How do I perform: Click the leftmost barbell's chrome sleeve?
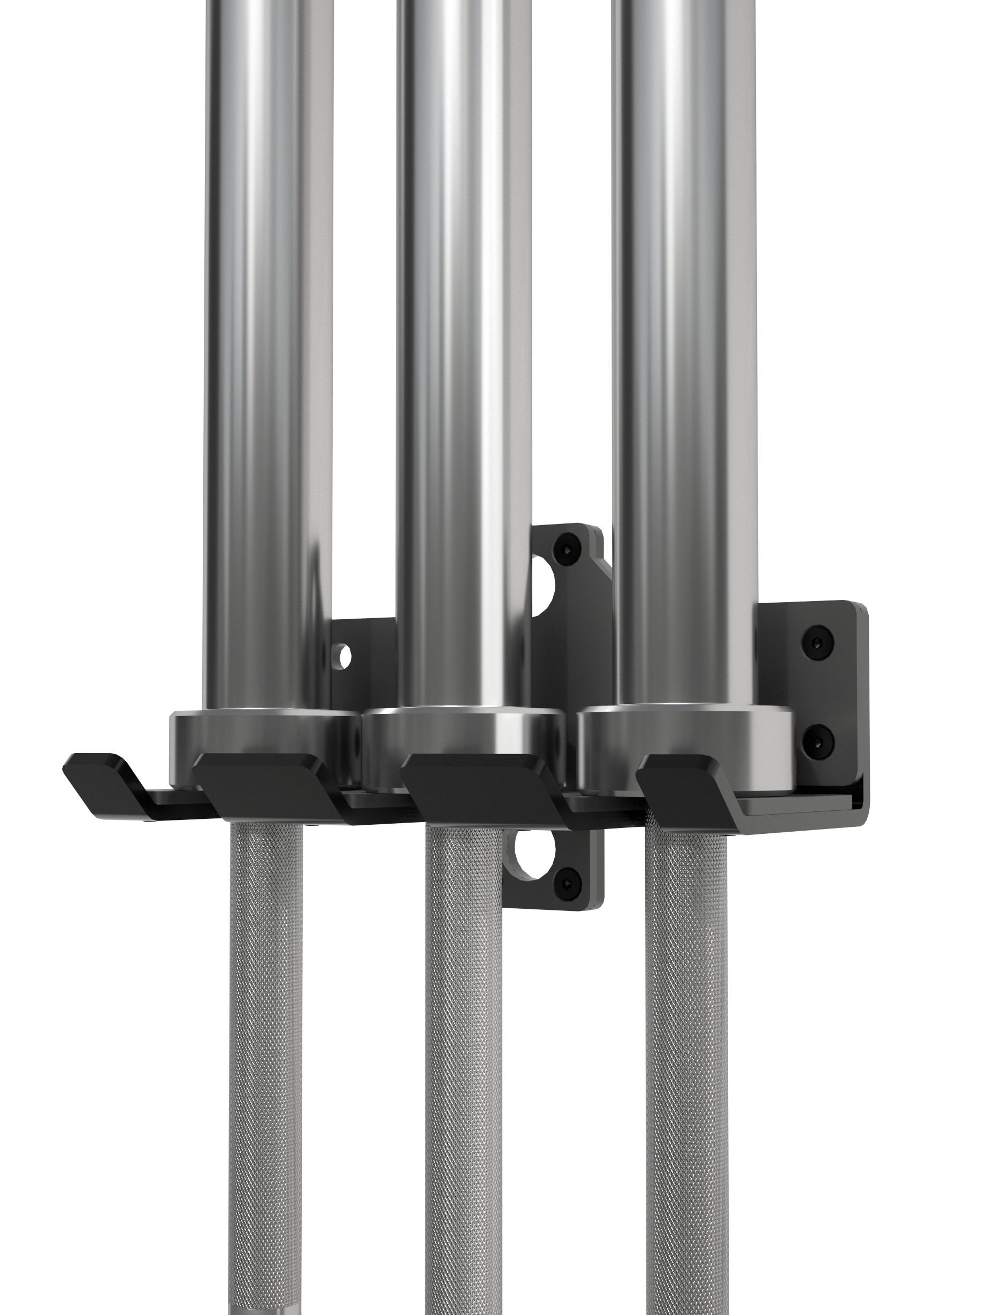[x=267, y=356]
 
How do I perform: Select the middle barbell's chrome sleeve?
[x=464, y=356]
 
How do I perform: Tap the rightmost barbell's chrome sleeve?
[x=684, y=356]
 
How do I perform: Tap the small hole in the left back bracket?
[x=343, y=656]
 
